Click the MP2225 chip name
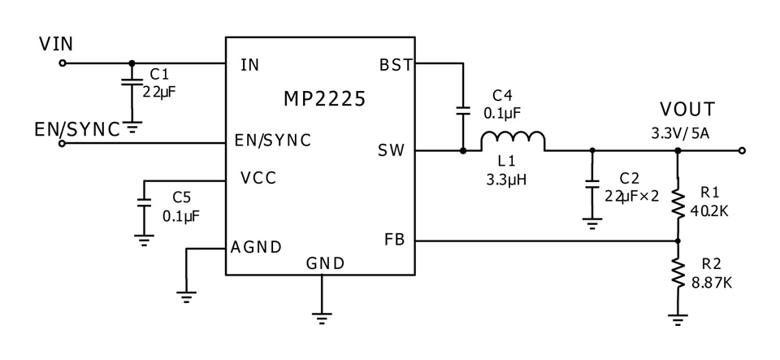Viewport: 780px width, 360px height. (x=324, y=99)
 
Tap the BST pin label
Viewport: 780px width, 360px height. (x=396, y=65)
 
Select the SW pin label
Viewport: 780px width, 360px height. (x=392, y=150)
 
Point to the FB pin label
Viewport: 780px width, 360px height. (x=395, y=240)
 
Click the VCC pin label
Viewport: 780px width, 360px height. (x=258, y=177)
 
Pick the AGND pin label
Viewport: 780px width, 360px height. (x=256, y=246)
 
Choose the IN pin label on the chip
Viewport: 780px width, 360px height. (x=249, y=65)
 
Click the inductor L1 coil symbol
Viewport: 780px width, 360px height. (x=513, y=141)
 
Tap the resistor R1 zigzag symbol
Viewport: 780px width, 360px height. (x=678, y=201)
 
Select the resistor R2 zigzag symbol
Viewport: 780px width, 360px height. (x=678, y=272)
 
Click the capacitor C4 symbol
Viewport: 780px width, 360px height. (x=463, y=111)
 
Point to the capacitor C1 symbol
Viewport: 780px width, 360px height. (x=132, y=81)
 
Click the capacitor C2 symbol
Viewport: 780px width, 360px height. (x=592, y=184)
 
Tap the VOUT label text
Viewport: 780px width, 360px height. (x=687, y=109)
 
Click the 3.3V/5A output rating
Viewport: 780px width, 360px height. (x=681, y=134)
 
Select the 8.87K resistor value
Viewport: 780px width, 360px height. (x=712, y=283)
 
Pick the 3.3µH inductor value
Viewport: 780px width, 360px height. (x=506, y=179)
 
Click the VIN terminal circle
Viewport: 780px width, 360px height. (x=63, y=63)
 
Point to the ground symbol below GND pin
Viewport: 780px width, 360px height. (x=322, y=319)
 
